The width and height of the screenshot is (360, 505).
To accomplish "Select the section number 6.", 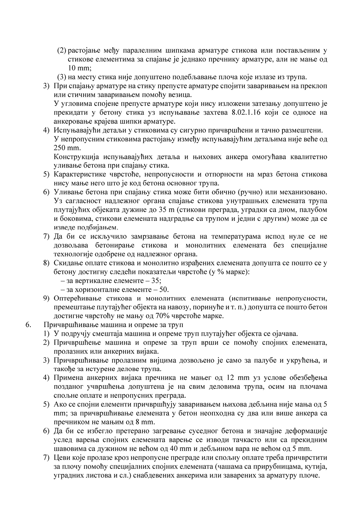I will (28, 324).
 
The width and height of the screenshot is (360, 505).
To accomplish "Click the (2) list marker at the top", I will (61, 50).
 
